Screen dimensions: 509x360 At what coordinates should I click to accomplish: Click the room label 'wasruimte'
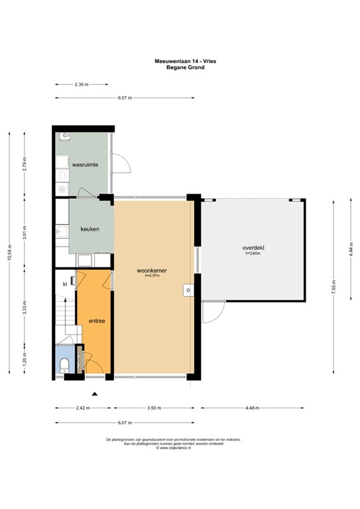(x=86, y=163)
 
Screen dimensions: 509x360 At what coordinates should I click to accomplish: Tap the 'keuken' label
(x=90, y=229)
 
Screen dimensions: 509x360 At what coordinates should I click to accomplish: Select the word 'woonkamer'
(x=151, y=270)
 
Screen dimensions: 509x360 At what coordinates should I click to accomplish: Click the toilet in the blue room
(x=64, y=365)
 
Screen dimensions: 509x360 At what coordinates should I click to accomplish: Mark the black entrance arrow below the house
(x=95, y=394)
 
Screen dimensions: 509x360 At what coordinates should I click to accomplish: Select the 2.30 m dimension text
(x=81, y=85)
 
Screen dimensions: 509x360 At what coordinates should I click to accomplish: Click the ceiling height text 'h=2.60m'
(x=253, y=254)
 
